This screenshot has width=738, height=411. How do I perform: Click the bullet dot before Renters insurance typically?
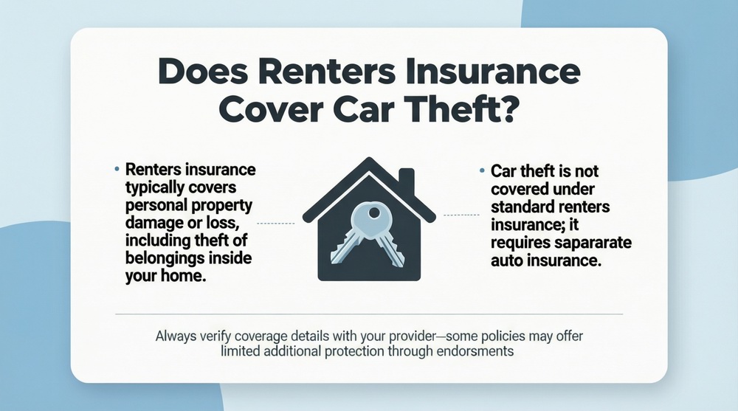coord(117,170)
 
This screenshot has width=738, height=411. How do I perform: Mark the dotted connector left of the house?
coord(275,223)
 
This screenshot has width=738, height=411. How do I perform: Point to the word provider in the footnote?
coord(400,335)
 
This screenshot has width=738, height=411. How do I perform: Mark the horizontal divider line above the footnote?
coord(369,314)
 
